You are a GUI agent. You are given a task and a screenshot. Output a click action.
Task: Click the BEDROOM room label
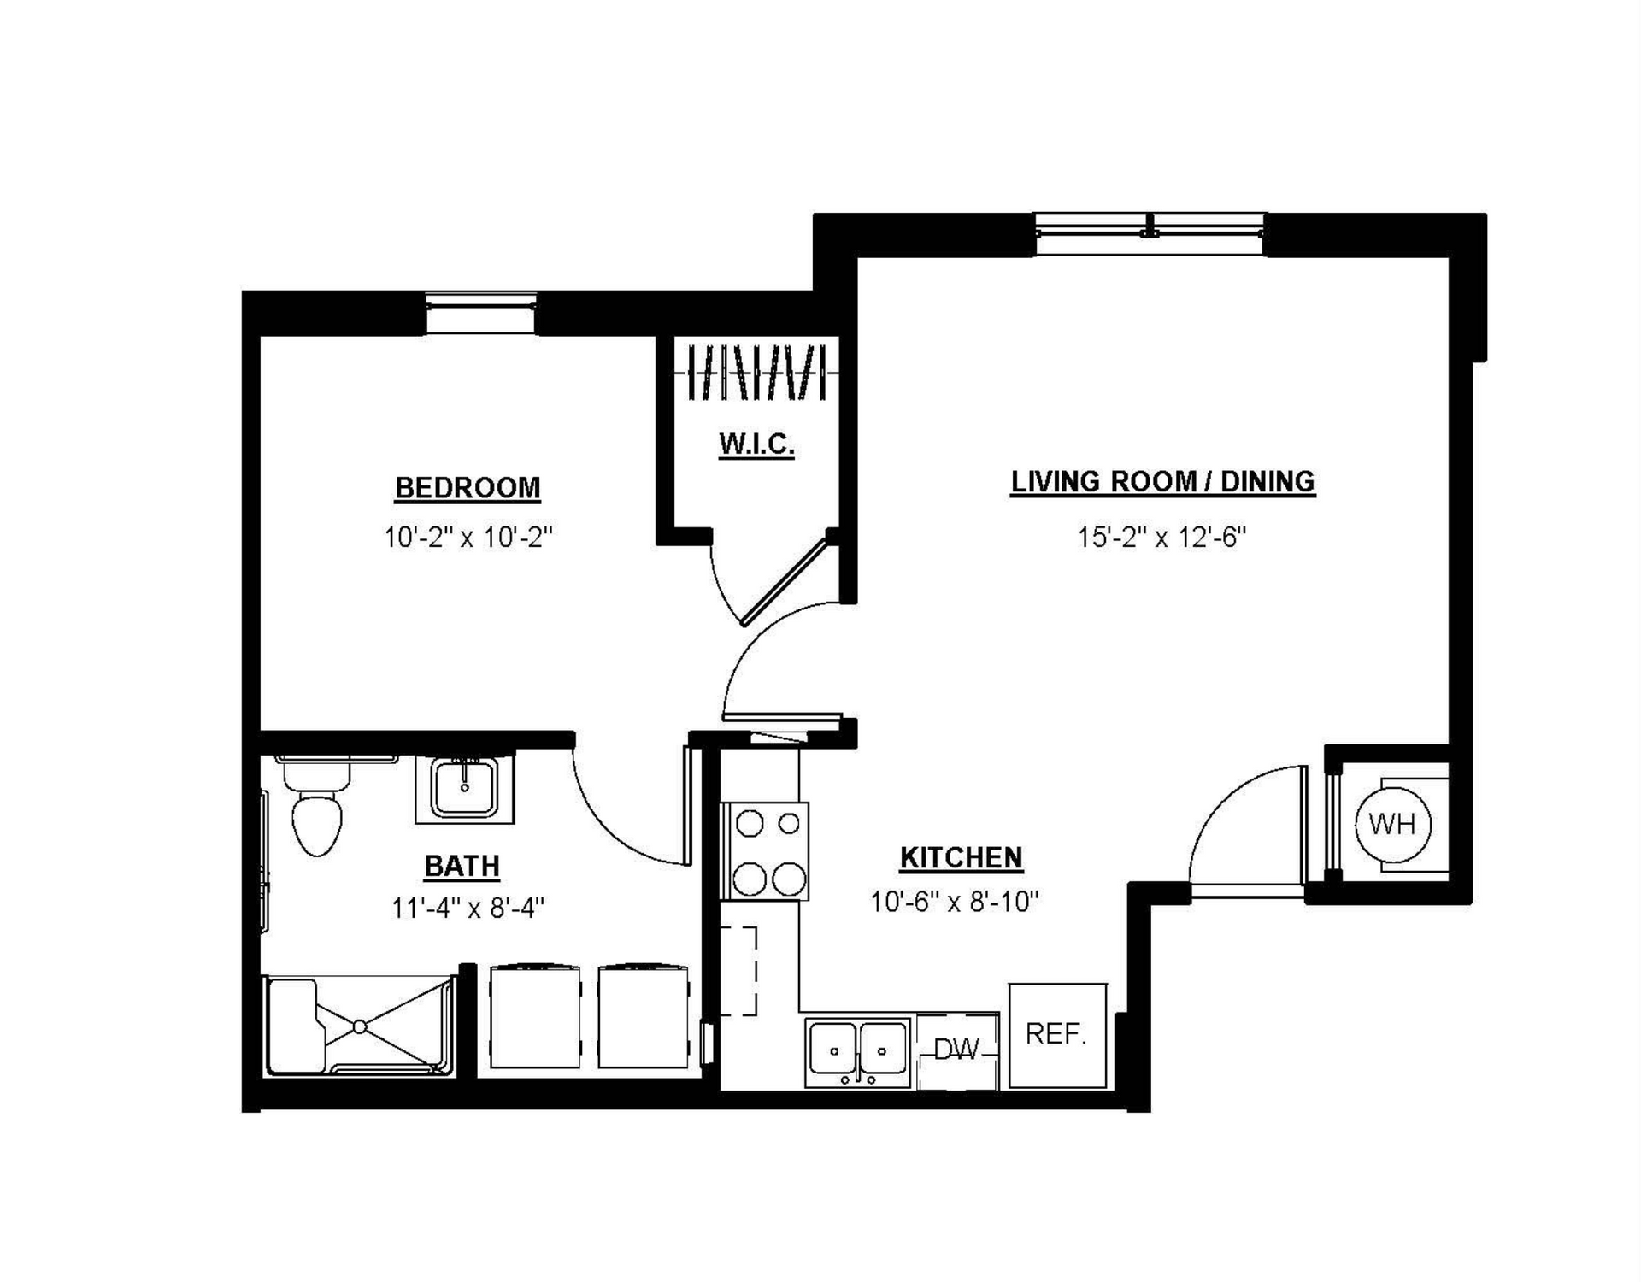click(468, 488)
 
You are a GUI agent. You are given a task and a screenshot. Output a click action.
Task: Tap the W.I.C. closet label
click(756, 444)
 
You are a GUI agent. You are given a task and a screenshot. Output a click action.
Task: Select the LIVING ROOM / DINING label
click(1162, 482)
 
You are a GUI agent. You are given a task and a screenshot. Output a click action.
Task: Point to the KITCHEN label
click(961, 858)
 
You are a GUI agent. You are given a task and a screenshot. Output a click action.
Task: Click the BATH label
click(462, 867)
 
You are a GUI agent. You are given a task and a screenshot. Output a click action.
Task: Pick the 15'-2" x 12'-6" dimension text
click(1162, 538)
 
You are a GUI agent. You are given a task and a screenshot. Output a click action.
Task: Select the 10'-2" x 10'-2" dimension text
click(468, 538)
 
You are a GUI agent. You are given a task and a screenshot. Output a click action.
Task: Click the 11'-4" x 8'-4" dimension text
click(468, 907)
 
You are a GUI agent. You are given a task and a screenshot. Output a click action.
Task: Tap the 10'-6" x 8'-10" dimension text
click(954, 902)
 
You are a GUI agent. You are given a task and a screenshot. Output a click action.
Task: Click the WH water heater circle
click(1393, 825)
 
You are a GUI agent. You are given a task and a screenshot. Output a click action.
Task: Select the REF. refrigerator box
click(1057, 1036)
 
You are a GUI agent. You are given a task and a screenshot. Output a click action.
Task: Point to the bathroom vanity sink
click(464, 788)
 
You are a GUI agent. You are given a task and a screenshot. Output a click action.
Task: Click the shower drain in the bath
click(360, 1026)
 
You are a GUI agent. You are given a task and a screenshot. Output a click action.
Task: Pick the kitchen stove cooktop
click(765, 850)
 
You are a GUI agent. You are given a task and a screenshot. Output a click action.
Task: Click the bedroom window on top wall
click(480, 313)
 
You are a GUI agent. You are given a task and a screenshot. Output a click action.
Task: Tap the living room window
click(1150, 234)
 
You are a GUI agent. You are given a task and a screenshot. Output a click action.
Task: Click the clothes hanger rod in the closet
click(756, 373)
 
